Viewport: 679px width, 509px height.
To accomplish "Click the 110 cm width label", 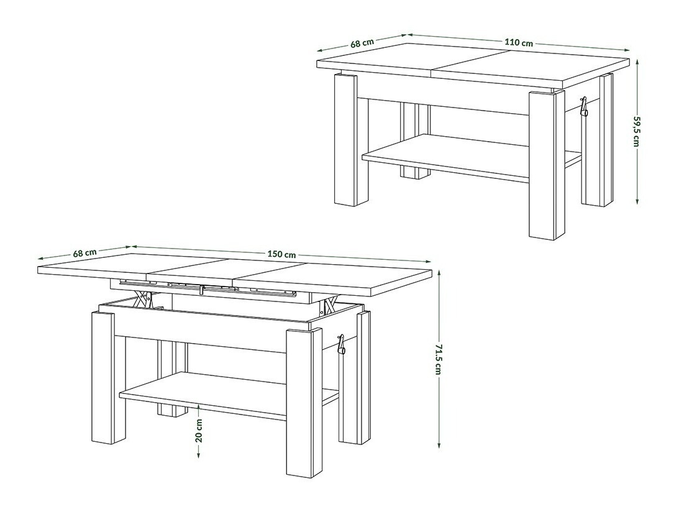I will [519, 43].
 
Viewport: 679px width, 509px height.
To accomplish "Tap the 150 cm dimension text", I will [281, 254].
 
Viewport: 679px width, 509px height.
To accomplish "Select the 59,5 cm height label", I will [636, 132].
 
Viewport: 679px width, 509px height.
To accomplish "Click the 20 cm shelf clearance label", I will [198, 429].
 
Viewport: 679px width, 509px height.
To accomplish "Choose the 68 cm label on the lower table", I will [84, 253].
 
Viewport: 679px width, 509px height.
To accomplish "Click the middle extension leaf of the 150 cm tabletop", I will [193, 269].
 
